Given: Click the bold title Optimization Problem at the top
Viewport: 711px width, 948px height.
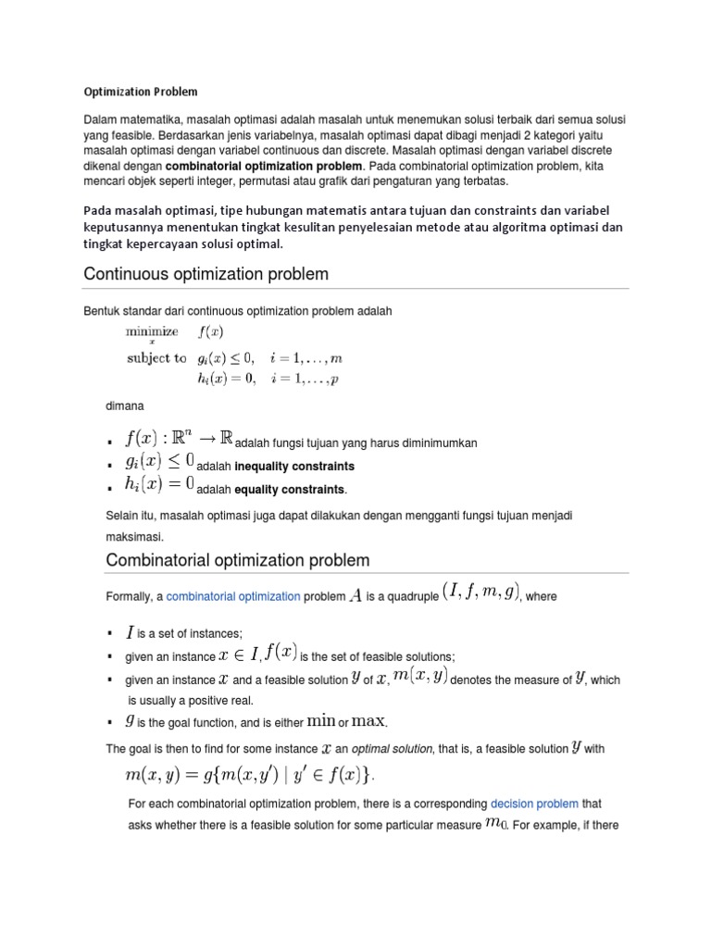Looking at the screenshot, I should click(141, 93).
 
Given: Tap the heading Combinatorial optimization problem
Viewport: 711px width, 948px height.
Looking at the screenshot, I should click(238, 560).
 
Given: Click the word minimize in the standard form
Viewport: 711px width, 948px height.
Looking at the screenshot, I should click(152, 331).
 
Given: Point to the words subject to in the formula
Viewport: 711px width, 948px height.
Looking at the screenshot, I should click(156, 357).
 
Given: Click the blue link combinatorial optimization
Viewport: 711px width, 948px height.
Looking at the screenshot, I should click(233, 597).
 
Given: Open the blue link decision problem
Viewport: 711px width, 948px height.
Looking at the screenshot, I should click(534, 804).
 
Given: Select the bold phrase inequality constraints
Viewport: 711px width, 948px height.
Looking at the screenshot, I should click(294, 466).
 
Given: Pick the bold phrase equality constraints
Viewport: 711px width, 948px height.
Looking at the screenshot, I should click(290, 489).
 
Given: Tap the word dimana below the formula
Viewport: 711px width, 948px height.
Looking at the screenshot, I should click(125, 405).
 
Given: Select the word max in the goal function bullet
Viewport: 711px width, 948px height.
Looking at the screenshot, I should click(370, 720).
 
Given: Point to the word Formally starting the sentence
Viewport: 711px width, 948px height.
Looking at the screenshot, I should click(131, 597).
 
